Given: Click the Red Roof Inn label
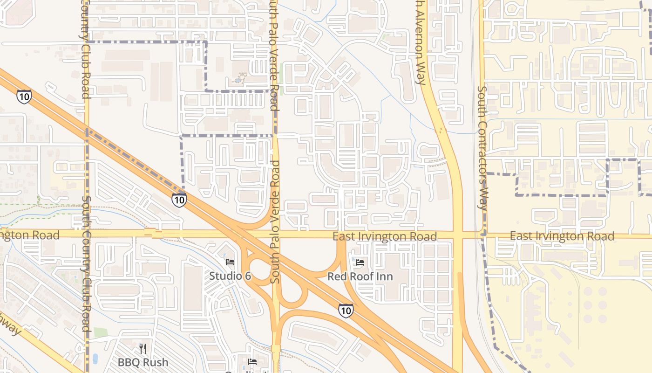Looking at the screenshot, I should coord(360,276).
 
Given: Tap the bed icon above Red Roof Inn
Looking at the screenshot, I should coord(360,262).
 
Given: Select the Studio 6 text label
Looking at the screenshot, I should coord(230,276).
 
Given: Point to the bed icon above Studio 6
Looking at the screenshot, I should coord(230,262).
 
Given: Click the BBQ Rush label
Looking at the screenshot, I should coord(143,362).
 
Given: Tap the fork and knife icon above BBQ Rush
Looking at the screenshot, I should coord(143,348).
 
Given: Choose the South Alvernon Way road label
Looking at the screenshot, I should coord(421,42).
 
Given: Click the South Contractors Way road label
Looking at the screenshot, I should coord(483,149).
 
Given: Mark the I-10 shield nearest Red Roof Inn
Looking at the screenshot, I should coord(346,311).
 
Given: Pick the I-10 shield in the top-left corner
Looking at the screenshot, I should coord(24,96).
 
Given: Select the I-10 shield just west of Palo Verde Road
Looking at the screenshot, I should coord(179,200).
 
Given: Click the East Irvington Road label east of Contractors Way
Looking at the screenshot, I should coord(562,236).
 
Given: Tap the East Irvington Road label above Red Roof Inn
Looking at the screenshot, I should coord(385,237).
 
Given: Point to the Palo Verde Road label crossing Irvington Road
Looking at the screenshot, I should coord(275,221).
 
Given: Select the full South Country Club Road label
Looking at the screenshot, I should coord(86,263).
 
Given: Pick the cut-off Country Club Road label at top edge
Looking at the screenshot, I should coord(85,49).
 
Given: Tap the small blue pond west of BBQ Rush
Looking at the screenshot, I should coord(95,358).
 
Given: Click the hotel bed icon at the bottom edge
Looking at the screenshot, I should coord(252,362).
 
